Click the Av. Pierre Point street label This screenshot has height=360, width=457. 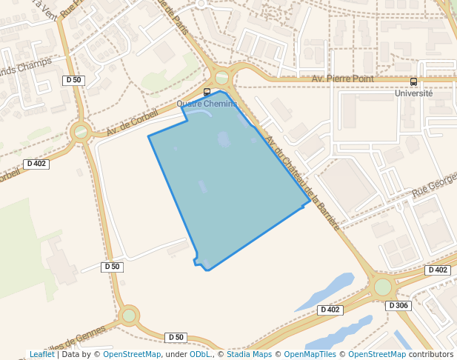pyautogui.click(x=342, y=79)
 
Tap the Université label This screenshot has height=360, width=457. pyautogui.click(x=414, y=93)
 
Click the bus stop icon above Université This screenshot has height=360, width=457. pyautogui.click(x=413, y=81)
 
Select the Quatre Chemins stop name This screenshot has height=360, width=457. pyautogui.click(x=207, y=104)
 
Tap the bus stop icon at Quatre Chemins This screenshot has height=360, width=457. pyautogui.click(x=207, y=93)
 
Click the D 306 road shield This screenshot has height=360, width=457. pyautogui.click(x=398, y=305)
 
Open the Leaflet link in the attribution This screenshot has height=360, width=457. pyautogui.click(x=41, y=354)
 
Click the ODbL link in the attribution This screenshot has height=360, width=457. pyautogui.click(x=200, y=354)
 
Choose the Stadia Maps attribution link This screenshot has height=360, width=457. pyautogui.click(x=249, y=354)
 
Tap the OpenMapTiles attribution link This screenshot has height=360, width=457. pyautogui.click(x=310, y=354)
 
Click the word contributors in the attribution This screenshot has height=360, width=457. pyautogui.click(x=430, y=354)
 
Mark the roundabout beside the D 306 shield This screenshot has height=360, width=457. pyautogui.click(x=382, y=287)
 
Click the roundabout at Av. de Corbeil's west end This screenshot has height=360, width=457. pyautogui.click(x=81, y=133)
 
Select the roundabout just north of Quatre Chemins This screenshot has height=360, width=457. pyautogui.click(x=221, y=77)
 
